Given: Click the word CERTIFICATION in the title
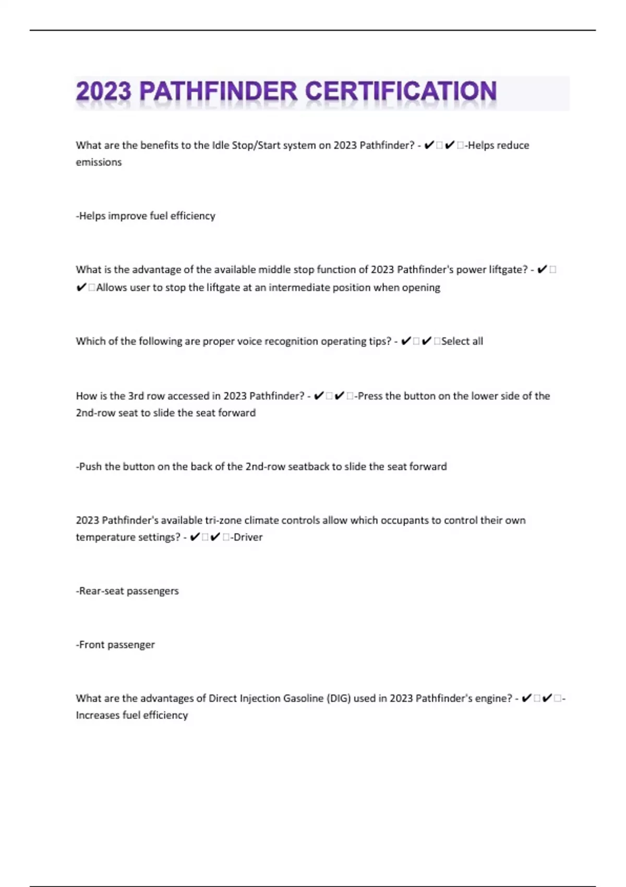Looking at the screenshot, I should coord(400,92).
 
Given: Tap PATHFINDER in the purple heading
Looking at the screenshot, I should coord(219,92).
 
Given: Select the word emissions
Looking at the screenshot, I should coord(99,162).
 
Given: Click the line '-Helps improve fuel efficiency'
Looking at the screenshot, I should coord(146,216).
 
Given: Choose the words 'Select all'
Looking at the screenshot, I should coord(462,341).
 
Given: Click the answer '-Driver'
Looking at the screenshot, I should coord(246,537).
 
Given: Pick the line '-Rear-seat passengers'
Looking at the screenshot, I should coord(127,591).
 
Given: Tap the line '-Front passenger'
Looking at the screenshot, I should coord(115,645).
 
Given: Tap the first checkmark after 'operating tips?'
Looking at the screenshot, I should coord(406,341).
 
